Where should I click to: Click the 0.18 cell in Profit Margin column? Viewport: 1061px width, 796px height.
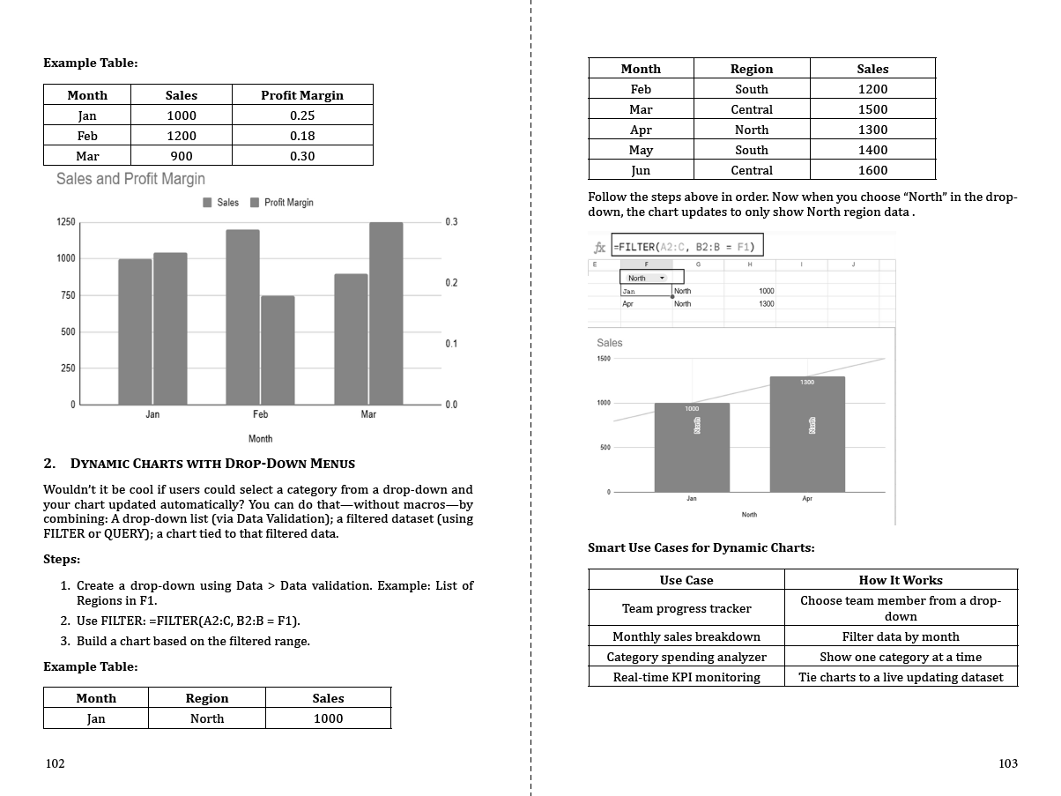302,136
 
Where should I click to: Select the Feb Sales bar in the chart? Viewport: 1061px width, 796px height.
242,316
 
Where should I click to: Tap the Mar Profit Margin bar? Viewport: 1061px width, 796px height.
386,313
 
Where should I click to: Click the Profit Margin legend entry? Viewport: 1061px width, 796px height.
282,203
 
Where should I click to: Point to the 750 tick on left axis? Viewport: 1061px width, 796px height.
66,295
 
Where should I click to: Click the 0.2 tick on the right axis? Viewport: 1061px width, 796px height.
451,283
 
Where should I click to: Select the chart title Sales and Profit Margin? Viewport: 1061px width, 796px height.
130,179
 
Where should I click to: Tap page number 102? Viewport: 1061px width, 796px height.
55,763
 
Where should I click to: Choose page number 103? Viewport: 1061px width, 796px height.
1008,763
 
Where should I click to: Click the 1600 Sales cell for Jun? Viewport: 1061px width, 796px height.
872,170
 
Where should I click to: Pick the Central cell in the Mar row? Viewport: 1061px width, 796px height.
752,109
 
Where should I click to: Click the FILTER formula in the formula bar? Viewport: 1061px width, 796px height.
687,246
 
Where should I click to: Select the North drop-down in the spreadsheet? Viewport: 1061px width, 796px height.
647,278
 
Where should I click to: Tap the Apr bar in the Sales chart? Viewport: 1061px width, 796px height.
807,434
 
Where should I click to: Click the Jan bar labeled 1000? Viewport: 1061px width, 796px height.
692,447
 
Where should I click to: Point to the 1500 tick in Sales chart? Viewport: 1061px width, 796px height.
603,359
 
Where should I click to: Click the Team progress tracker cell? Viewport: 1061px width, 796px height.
686,608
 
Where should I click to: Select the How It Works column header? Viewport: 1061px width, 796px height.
901,580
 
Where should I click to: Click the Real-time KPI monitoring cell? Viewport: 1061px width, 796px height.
686,677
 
